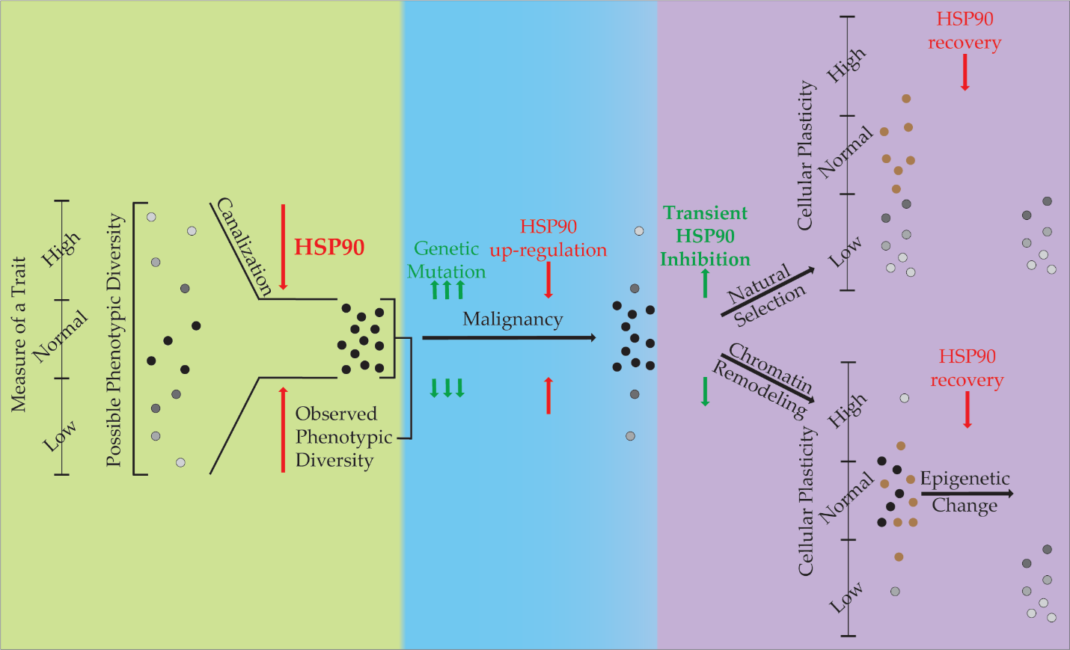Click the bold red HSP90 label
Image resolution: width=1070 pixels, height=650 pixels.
[328, 247]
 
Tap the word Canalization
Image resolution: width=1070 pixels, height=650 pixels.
[244, 246]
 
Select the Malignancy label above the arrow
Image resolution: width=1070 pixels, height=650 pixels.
[513, 319]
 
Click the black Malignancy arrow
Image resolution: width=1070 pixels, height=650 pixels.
[509, 338]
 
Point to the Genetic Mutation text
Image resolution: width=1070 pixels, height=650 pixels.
[447, 260]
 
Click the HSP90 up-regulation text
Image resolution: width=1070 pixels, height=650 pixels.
[548, 238]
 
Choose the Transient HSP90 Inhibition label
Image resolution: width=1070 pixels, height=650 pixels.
[705, 236]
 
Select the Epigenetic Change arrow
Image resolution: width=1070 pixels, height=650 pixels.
[967, 494]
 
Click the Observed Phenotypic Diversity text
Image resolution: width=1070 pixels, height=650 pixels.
[343, 437]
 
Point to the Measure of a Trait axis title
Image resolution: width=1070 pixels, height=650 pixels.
[19, 334]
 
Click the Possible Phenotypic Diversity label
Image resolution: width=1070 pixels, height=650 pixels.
[114, 340]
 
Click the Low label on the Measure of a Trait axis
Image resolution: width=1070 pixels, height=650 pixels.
[60, 436]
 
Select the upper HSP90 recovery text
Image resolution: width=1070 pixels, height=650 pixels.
[964, 31]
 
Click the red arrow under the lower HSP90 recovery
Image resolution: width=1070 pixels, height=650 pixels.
[967, 409]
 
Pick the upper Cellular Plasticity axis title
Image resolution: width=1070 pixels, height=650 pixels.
[805, 155]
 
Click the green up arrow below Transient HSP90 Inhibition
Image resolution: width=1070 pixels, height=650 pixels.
[705, 283]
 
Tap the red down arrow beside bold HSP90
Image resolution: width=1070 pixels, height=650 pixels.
[283, 247]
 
